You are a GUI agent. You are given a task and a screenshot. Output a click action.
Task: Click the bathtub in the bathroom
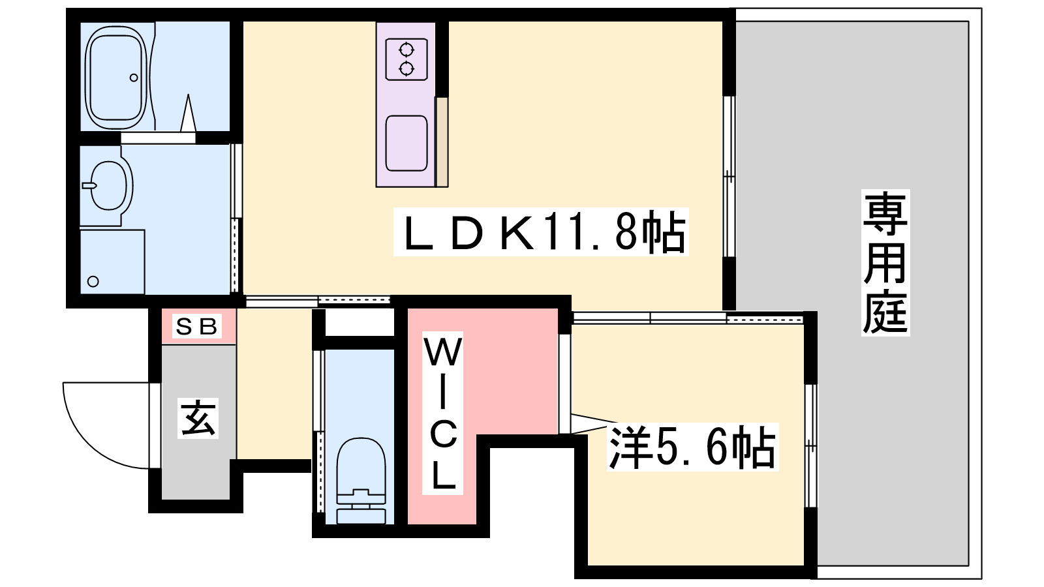pyautogui.click(x=115, y=78)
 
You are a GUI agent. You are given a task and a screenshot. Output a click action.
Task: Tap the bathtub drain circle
pyautogui.click(x=134, y=78)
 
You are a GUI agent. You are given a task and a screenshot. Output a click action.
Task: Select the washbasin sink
pyautogui.click(x=108, y=185)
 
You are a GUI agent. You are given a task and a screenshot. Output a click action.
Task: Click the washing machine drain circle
pyautogui.click(x=93, y=281)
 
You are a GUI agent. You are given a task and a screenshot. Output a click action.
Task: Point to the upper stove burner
pyautogui.click(x=407, y=49)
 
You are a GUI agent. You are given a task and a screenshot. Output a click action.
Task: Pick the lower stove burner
pyautogui.click(x=407, y=69)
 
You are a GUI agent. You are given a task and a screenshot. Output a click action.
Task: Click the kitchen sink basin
pyautogui.click(x=407, y=143)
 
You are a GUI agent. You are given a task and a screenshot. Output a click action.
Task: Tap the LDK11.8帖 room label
pyautogui.click(x=541, y=232)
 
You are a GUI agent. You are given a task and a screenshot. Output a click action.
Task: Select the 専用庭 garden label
pyautogui.click(x=885, y=263)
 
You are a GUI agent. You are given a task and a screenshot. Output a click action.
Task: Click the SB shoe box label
pyautogui.click(x=196, y=326)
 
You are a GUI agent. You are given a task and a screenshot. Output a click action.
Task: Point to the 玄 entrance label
pyautogui.click(x=198, y=418)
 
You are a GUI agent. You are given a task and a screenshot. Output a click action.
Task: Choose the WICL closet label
pyautogui.click(x=443, y=413)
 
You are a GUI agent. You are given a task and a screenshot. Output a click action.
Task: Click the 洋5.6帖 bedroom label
pyautogui.click(x=692, y=446)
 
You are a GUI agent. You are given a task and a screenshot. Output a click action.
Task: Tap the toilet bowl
pyautogui.click(x=361, y=466)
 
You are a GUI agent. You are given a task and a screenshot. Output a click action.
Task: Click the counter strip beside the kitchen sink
pyautogui.click(x=442, y=142)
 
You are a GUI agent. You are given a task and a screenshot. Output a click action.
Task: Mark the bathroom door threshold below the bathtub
pyautogui.click(x=158, y=138)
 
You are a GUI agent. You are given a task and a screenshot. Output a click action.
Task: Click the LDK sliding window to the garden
pyautogui.click(x=729, y=177)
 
